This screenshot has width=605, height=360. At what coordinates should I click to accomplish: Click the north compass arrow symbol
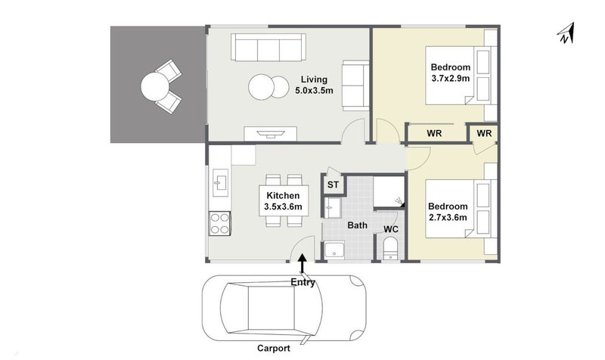pyautogui.click(x=566, y=34)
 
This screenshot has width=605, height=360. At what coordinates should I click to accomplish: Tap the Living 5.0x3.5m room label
pyautogui.click(x=314, y=85)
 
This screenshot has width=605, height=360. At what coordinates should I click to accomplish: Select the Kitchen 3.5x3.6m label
pyautogui.click(x=283, y=201)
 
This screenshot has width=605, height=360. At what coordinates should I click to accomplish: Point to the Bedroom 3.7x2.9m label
pyautogui.click(x=450, y=73)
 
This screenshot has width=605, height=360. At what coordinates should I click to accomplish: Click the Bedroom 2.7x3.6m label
pyautogui.click(x=448, y=212)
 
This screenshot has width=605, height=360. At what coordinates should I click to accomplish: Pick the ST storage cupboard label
pyautogui.click(x=333, y=185)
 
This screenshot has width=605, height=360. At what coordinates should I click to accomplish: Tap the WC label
pyautogui.click(x=391, y=230)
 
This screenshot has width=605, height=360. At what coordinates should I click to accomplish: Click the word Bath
pyautogui.click(x=357, y=225)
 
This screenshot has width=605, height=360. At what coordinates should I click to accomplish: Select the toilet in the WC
pyautogui.click(x=390, y=248)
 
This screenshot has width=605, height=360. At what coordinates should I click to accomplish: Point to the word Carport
pyautogui.click(x=274, y=349)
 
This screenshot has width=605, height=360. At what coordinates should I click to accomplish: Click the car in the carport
pyautogui.click(x=284, y=308)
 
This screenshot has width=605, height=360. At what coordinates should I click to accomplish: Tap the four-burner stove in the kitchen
pyautogui.click(x=219, y=224)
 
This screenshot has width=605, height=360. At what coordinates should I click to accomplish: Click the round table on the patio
pyautogui.click(x=155, y=87)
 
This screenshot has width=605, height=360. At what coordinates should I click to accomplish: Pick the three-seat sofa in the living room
pyautogui.click(x=268, y=47)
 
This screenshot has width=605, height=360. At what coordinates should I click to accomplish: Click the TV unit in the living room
pyautogui.click(x=271, y=134)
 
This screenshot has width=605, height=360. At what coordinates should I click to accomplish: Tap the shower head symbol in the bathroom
pyautogui.click(x=399, y=201)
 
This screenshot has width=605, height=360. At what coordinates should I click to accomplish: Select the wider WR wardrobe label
pyautogui.click(x=434, y=134)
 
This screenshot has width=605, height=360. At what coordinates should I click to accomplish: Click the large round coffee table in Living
pyautogui.click(x=261, y=87)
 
